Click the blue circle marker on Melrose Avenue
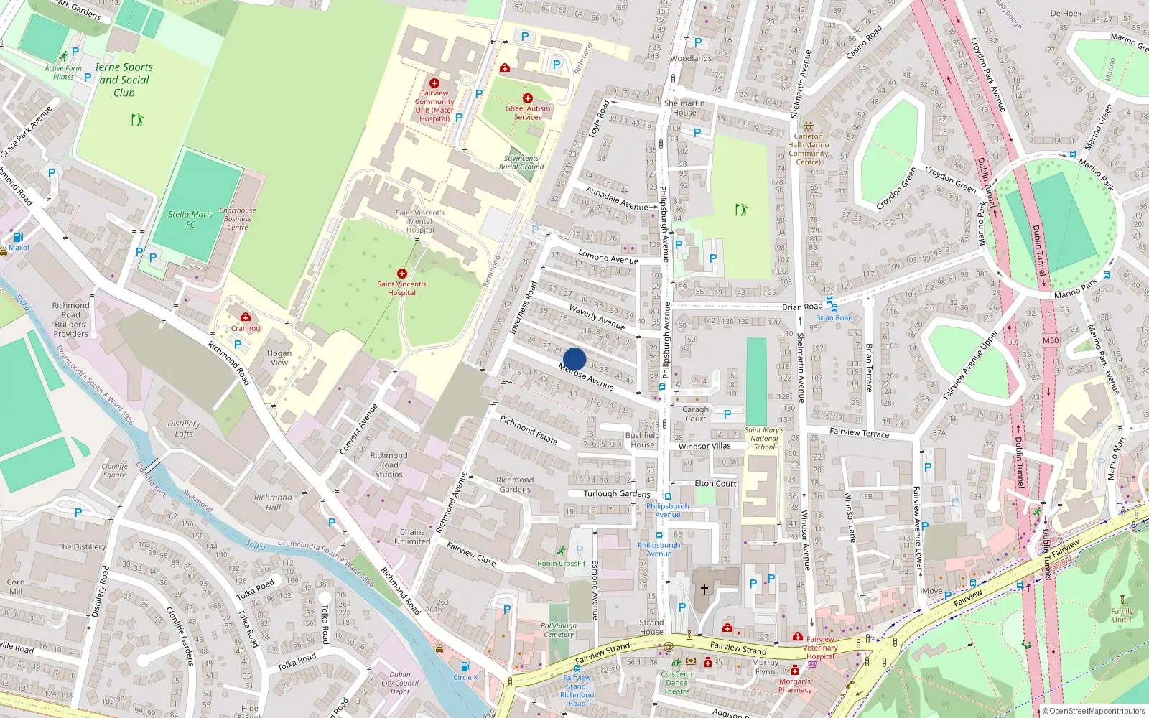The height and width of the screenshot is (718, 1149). pos(574,359)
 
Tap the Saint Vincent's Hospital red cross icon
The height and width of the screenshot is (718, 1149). pos(402,274)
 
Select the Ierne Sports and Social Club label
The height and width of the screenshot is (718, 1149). pos(124,80)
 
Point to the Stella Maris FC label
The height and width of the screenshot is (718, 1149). pos(190,219)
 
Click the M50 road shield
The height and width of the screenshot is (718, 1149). pos(1050,340)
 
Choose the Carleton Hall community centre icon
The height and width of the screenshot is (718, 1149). pos(809,126)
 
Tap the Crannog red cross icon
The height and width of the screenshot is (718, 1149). pos(246,317)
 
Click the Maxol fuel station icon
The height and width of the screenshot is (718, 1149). pos(18,237)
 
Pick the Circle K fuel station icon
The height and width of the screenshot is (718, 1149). pos(465,667)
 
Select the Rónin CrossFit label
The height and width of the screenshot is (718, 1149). pos(562,564)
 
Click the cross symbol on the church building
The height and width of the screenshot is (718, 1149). pos(704,589)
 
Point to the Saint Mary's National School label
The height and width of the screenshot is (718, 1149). pos(764,438)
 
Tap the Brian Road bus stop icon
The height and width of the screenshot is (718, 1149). pos(829,302)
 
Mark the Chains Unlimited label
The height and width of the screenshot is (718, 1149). pos(412,537)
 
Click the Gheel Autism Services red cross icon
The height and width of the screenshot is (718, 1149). pos(528,98)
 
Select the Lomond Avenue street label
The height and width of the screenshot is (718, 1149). pos(608,257)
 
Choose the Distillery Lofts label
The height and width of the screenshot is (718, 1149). pos(184,429)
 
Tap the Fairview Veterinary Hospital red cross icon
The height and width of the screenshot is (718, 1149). pos(797,637)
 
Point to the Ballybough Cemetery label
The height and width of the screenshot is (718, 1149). pos(559,630)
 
